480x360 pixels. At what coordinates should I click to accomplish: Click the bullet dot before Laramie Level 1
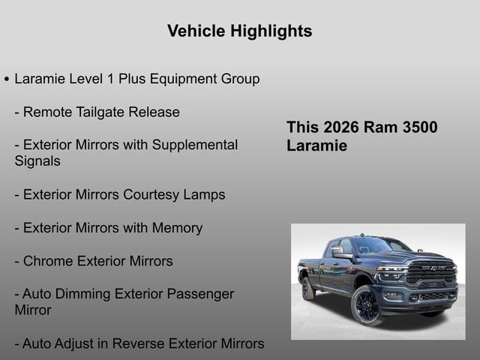[x=7, y=79]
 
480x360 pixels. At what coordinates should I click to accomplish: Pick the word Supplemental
[x=195, y=145]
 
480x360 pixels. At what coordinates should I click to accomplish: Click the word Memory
[x=177, y=228]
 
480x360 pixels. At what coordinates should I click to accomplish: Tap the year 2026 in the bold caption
[x=341, y=127]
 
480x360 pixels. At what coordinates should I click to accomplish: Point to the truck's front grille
[x=430, y=273]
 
